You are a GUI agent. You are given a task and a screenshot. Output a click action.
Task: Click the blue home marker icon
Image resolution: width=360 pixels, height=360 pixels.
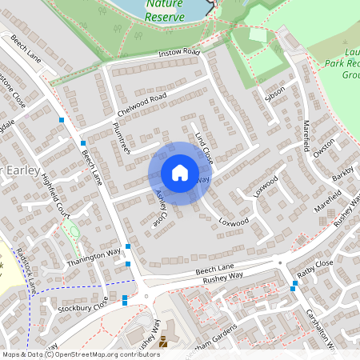[x=180, y=173]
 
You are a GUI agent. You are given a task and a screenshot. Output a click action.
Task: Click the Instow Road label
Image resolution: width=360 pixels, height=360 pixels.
[x=178, y=53]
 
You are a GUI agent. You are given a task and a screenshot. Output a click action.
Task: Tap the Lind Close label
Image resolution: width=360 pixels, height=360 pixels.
[x=203, y=147]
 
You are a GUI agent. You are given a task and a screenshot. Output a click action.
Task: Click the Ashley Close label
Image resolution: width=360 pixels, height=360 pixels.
[x=161, y=206]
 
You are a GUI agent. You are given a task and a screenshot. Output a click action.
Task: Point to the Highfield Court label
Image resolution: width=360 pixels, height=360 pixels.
[x=56, y=197]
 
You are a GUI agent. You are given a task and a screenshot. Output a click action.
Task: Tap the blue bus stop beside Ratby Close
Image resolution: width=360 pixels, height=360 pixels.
[x=295, y=283]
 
